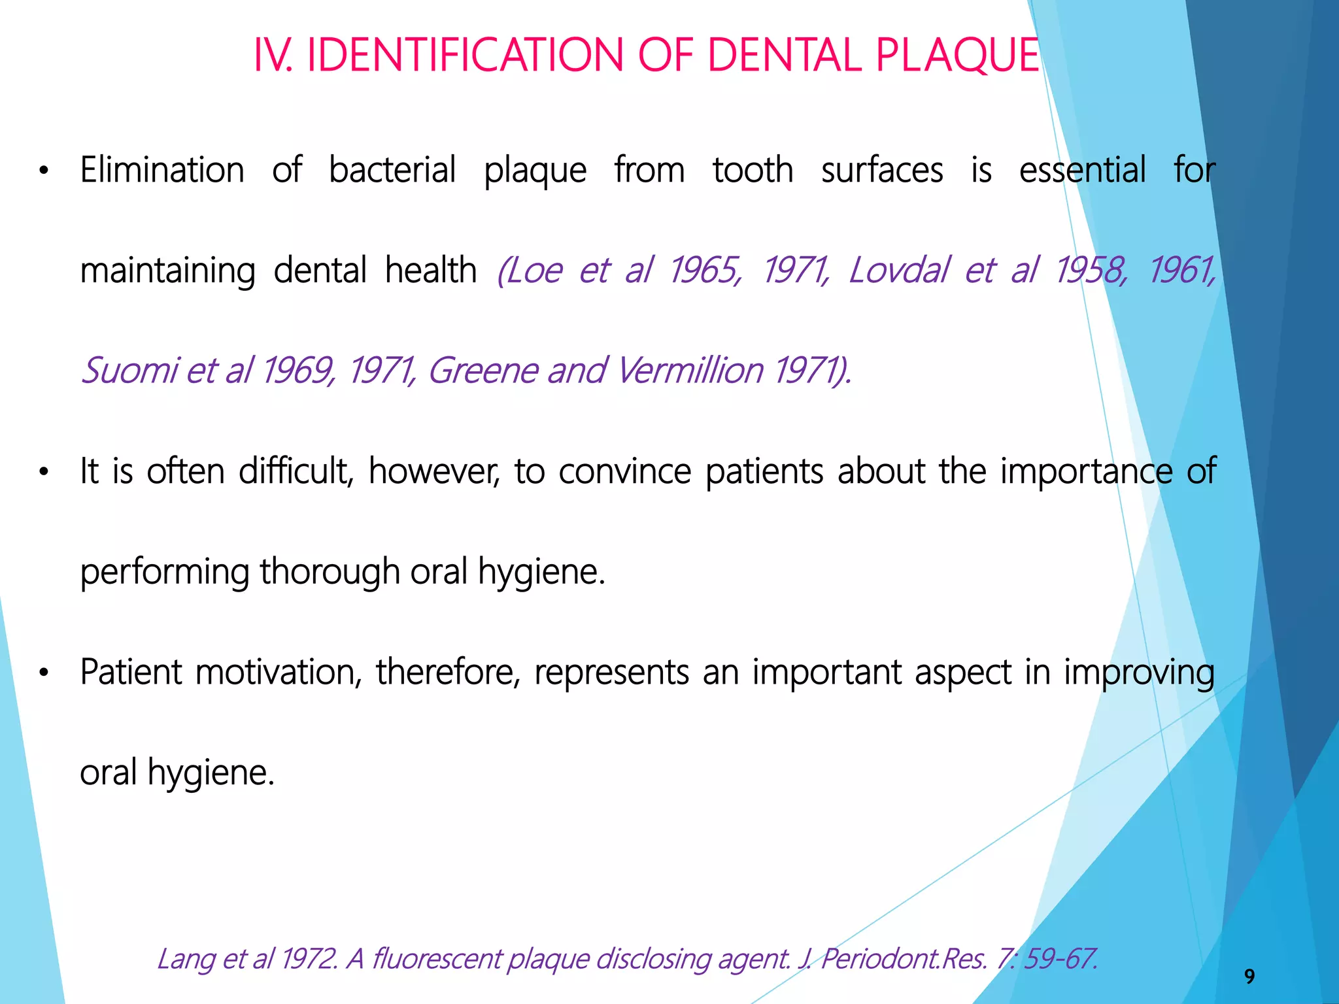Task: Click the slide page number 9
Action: pos(1249,977)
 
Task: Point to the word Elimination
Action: pos(162,170)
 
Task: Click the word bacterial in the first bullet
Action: pos(392,170)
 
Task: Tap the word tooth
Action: pos(753,170)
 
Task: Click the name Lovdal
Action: pos(898,270)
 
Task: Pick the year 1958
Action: pos(1091,270)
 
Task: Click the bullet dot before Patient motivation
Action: pos(44,673)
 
